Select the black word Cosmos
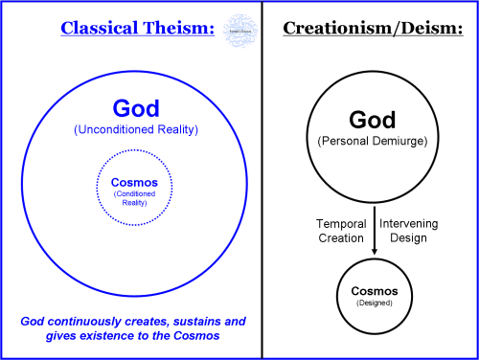pyautogui.click(x=374, y=288)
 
